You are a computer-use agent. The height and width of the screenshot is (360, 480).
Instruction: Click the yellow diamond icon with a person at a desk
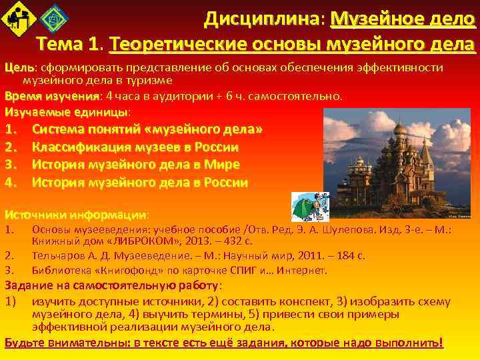[18, 18]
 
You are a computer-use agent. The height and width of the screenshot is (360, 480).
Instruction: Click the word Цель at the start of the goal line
[18, 68]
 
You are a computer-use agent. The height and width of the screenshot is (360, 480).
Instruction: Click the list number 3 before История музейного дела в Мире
[10, 165]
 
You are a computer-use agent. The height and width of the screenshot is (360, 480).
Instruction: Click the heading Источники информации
[76, 215]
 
